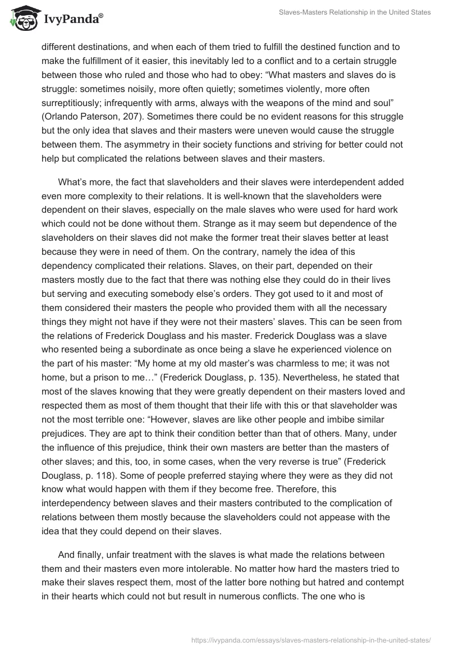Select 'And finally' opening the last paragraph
(81, 539)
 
